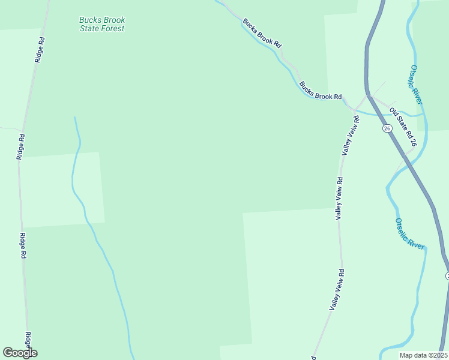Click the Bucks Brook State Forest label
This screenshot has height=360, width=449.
(102, 24)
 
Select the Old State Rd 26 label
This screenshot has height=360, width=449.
(402, 127)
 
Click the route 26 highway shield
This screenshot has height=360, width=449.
(387, 128)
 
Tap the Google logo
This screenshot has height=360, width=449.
(20, 353)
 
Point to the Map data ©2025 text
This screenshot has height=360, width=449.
(423, 355)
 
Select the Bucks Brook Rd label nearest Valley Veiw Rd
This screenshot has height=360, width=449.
(321, 91)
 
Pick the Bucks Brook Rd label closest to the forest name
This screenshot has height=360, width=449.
(262, 33)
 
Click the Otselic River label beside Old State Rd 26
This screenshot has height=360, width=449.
(417, 85)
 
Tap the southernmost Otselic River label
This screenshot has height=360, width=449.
(410, 233)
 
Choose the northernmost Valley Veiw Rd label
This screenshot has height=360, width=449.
(350, 136)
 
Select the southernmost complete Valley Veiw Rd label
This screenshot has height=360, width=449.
(336, 289)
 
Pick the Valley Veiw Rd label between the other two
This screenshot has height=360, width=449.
(339, 198)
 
